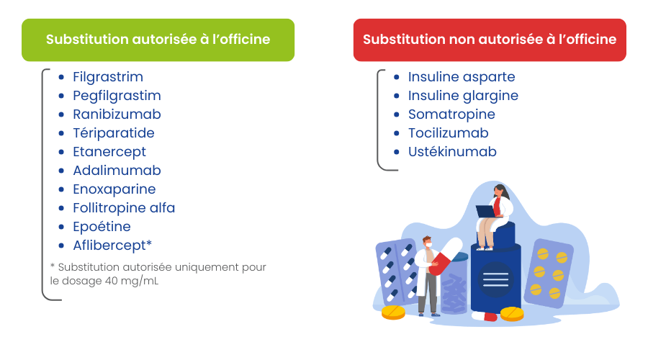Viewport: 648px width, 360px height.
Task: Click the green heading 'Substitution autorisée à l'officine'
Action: [158, 40]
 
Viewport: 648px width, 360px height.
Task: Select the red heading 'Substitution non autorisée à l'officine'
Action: [490, 40]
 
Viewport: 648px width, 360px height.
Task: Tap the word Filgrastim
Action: [108, 77]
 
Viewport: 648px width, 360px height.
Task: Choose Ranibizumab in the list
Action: [117, 114]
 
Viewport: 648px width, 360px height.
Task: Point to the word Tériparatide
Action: [114, 133]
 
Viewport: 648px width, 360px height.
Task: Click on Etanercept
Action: [109, 152]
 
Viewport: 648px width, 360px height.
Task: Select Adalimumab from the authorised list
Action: [117, 171]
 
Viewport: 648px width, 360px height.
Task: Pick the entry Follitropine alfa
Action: [124, 208]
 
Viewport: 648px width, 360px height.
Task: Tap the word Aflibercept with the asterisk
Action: [112, 246]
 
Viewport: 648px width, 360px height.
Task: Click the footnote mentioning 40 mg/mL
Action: [158, 274]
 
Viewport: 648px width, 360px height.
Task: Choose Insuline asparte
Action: [462, 77]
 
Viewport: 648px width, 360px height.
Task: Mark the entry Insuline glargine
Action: [463, 96]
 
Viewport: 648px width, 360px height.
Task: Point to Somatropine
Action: [451, 114]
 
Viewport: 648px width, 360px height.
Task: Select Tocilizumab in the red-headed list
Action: [448, 133]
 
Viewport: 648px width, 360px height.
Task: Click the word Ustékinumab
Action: [452, 152]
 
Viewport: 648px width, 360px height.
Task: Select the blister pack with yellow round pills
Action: [549, 273]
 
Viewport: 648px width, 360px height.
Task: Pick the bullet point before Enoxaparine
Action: [62, 189]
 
